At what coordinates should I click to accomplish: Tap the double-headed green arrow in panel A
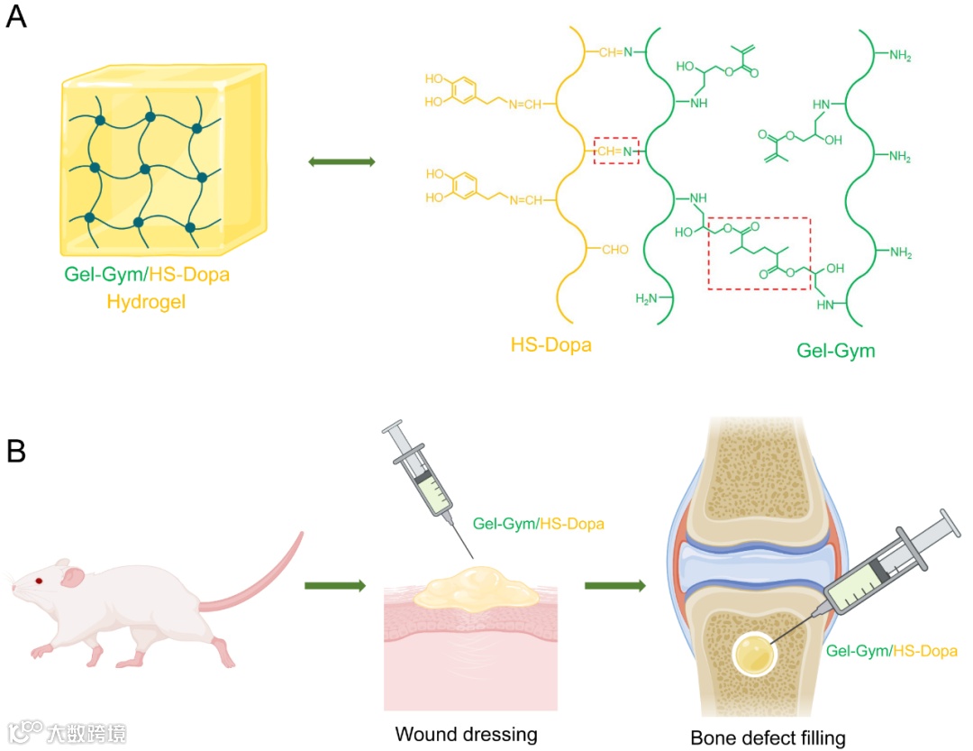point(341,161)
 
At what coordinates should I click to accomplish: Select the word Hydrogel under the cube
point(145,302)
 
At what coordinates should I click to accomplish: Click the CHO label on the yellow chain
point(614,250)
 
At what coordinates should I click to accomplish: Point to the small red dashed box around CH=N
point(617,151)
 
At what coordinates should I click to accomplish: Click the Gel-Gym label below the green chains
point(835,351)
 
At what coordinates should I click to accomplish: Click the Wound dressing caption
point(466,734)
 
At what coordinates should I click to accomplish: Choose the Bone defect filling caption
point(768,738)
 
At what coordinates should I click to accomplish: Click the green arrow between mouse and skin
point(334,586)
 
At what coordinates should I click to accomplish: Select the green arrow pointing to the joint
point(614,586)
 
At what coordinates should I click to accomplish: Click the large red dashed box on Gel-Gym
point(759,253)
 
